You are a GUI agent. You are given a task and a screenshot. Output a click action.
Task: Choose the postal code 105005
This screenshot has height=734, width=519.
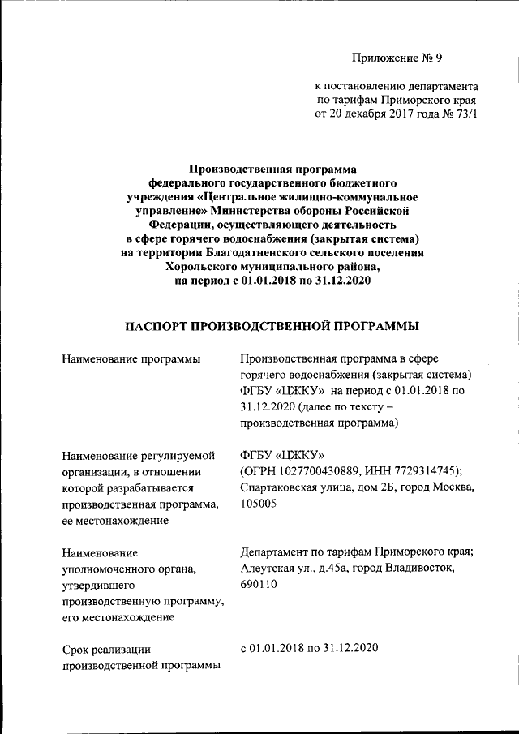pyautogui.click(x=259, y=504)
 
